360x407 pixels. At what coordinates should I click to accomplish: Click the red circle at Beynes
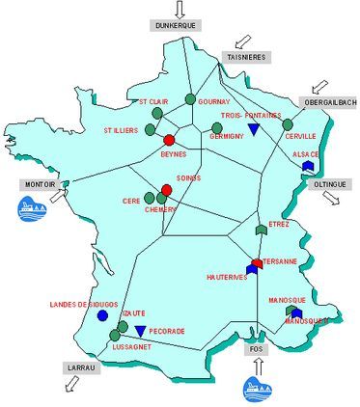point(170,141)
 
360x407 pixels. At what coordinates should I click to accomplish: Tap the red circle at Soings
point(166,189)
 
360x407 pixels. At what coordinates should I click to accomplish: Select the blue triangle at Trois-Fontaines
point(253,129)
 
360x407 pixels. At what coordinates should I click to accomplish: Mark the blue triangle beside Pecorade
point(141,332)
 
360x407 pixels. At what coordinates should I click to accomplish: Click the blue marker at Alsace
point(307,165)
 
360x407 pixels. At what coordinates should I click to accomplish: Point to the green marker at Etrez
point(261,229)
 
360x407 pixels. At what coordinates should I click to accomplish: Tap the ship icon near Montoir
point(33,207)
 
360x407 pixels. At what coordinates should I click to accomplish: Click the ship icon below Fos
point(257,388)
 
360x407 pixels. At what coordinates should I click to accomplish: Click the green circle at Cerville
point(287,123)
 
